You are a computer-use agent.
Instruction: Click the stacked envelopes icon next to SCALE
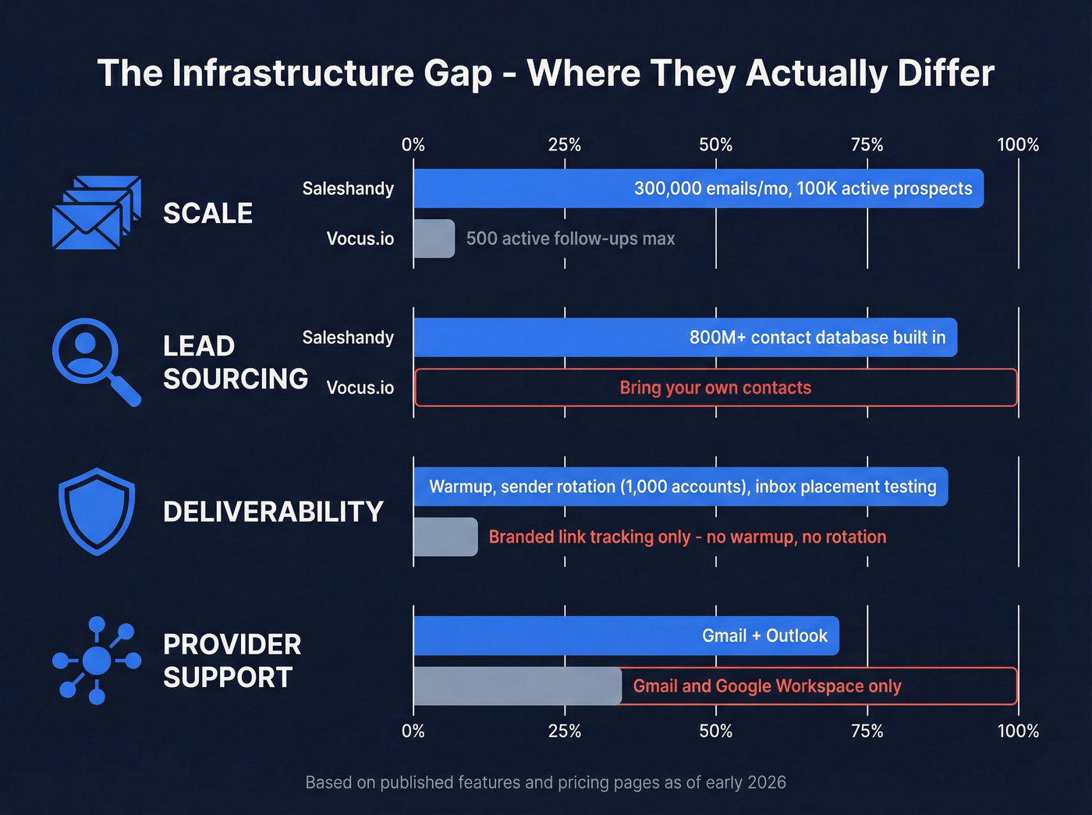tap(95, 213)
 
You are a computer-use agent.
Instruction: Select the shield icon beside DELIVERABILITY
tap(97, 511)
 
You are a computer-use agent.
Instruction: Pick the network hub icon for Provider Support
tap(97, 661)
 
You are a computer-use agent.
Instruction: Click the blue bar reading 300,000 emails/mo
tap(698, 189)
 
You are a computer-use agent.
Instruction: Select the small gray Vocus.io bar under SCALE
tap(434, 239)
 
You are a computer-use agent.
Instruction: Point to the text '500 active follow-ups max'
tap(570, 239)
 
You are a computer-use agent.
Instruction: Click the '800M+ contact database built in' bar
tap(685, 338)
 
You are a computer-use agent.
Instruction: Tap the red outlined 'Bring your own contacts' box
tap(715, 388)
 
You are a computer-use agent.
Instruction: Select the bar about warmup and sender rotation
tap(680, 487)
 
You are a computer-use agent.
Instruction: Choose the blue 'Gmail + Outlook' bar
tap(626, 636)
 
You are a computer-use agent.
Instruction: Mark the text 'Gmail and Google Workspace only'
tap(767, 686)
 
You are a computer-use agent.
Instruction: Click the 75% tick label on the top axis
tap(867, 145)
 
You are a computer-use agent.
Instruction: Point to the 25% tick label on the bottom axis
tap(564, 731)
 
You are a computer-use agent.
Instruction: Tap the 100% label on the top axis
tap(1018, 145)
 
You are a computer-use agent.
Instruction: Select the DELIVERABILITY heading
tap(273, 512)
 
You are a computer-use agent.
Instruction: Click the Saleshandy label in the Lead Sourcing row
tap(348, 338)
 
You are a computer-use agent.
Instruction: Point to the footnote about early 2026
tap(545, 782)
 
